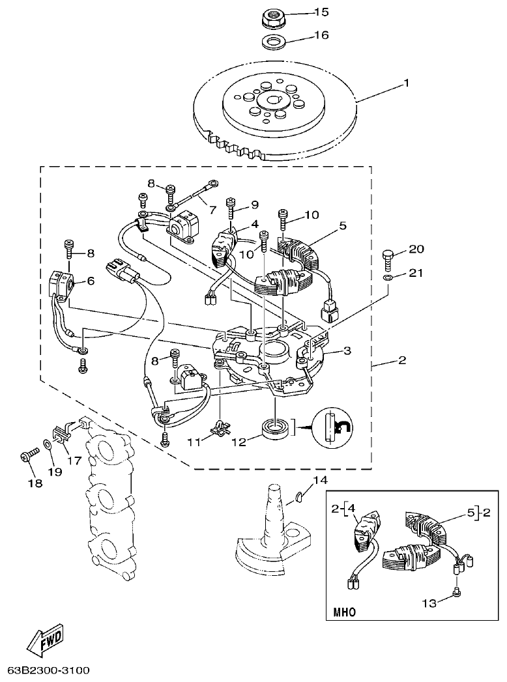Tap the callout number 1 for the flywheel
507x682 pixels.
(406, 83)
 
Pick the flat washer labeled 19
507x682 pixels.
(48, 446)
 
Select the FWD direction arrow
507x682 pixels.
(46, 640)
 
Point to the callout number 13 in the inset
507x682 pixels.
(429, 603)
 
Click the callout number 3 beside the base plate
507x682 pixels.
(347, 351)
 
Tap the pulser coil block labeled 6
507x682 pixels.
(63, 283)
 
